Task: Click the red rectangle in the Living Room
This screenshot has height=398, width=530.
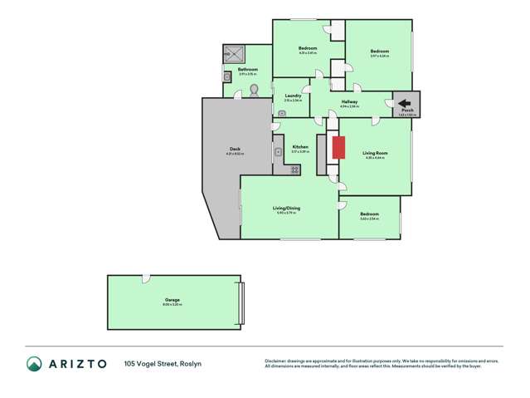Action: [x=338, y=148]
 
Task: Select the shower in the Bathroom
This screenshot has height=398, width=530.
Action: [x=231, y=54]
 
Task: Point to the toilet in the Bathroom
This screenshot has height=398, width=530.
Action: [x=255, y=89]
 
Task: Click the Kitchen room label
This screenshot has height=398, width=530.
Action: [x=299, y=146]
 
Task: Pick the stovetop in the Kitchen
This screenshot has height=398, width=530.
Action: [x=294, y=170]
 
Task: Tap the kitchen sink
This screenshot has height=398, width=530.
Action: [x=280, y=152]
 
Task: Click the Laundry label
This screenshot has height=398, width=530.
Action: [x=293, y=96]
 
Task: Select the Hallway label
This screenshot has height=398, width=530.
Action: [x=349, y=101]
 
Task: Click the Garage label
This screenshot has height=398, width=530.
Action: [x=172, y=300]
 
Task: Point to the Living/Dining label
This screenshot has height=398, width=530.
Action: [x=286, y=208]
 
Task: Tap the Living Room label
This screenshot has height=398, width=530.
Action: [x=375, y=152]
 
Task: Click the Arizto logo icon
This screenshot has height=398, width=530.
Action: [x=34, y=363]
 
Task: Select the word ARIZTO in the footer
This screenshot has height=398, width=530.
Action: [x=77, y=363]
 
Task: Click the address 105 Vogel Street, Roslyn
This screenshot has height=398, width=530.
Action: [x=163, y=363]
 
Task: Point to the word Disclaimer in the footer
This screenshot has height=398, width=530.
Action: [x=277, y=361]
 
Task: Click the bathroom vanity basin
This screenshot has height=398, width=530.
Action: [x=226, y=76]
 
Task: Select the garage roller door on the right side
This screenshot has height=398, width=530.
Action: [x=241, y=303]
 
